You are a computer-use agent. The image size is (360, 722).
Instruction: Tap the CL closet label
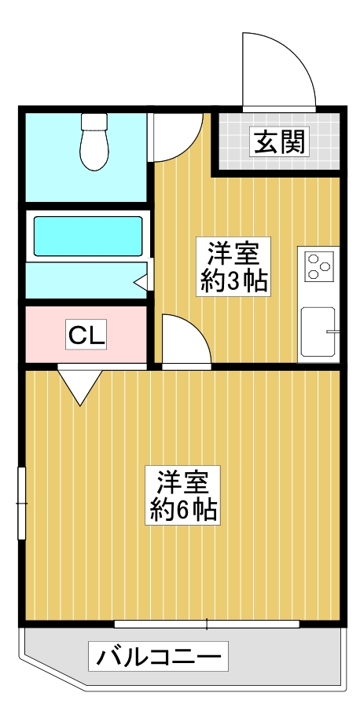coord(86,335)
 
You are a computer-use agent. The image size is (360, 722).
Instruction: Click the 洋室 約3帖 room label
coord(234,267)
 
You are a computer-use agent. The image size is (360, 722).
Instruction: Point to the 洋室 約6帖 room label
coord(185,496)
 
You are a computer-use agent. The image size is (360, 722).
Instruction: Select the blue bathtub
coord(86,234)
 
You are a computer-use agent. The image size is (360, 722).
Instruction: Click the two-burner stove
coord(318,266)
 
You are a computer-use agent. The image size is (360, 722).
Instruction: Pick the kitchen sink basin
coord(318,333)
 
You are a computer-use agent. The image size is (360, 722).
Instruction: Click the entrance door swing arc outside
coord(275,71)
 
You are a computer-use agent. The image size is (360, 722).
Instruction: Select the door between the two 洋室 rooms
coord(185,342)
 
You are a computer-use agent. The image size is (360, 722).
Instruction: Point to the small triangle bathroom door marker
coord(141,280)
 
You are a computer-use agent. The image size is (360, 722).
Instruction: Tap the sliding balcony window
coord(207,625)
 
